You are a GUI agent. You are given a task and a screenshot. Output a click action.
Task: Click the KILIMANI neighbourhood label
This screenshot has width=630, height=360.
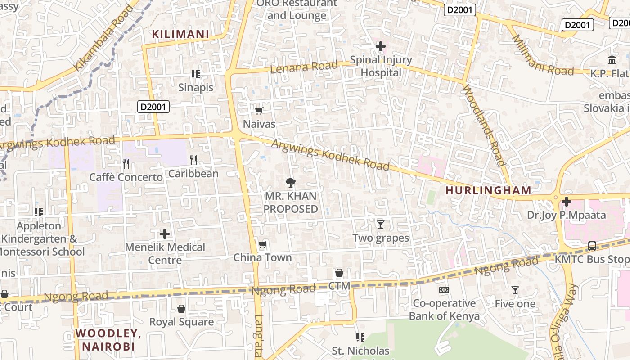[180, 34]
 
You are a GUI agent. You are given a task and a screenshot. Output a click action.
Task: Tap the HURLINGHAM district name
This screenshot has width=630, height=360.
[488, 190]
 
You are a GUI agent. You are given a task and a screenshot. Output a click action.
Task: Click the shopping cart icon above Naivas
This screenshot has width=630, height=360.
[259, 111]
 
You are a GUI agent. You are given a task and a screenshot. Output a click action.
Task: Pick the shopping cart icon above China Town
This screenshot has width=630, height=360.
[262, 245]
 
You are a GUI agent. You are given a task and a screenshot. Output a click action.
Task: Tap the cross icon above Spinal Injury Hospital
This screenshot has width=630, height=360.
[381, 46]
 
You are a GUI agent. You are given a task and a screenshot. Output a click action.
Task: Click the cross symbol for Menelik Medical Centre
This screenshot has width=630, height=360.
[165, 234]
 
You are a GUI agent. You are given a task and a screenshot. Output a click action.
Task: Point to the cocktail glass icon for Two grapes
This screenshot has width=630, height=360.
[381, 224]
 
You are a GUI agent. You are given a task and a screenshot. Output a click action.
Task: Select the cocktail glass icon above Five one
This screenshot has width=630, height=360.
[515, 291]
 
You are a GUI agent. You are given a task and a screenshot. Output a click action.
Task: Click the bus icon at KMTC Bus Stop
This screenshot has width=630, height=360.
[592, 246]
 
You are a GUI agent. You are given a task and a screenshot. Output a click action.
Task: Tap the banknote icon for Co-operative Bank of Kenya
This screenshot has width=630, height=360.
[444, 290]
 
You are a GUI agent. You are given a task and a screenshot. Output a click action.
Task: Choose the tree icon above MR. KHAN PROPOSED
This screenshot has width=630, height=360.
[291, 183]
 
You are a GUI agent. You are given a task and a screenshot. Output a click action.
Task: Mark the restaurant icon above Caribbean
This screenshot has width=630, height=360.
[193, 160]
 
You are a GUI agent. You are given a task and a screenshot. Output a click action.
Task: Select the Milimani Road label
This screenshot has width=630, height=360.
[543, 55]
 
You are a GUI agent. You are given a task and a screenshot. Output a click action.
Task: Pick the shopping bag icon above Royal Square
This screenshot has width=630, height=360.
[181, 309]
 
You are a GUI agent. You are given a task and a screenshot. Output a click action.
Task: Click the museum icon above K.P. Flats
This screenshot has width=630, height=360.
[612, 60]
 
